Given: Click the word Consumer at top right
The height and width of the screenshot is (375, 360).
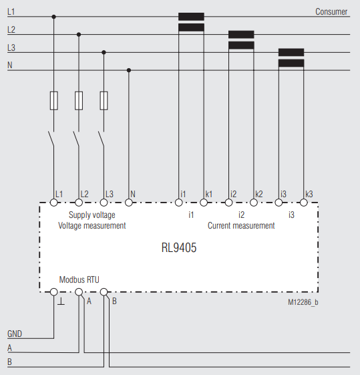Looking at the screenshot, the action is tap(331, 12).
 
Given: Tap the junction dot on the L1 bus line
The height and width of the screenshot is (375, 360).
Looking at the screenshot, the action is tap(53, 17).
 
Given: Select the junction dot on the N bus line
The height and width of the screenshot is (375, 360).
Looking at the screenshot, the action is tap(129, 70).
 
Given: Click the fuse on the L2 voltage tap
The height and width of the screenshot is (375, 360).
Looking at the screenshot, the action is tap(79, 101).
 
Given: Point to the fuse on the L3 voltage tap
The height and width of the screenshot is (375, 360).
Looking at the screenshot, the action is tap(104, 101).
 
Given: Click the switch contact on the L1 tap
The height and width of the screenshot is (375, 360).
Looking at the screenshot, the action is tap(51, 138).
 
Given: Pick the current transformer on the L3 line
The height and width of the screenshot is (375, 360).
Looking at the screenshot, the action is tap(291, 57).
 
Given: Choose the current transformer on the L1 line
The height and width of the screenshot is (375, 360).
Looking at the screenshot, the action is tap(191, 22).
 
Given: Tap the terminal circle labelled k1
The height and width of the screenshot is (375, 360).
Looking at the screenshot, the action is tap(204, 203).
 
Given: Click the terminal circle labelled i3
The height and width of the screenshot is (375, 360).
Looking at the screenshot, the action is tap(279, 203).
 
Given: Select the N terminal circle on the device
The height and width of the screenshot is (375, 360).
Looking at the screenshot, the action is tap(129, 203).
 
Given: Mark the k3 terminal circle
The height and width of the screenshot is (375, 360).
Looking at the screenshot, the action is tap(304, 203).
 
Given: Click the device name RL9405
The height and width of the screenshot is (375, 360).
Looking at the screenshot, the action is tap(179, 247).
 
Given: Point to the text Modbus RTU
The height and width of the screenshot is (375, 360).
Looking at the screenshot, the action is tap(79, 279).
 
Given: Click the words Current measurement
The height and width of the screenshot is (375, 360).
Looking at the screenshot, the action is tap(241, 225).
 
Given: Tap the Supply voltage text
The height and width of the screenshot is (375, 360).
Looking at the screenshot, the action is tap(92, 215).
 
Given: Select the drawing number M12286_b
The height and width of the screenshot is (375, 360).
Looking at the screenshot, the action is tap(303, 302).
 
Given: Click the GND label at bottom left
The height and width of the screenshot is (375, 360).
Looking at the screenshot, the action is tap(15, 334).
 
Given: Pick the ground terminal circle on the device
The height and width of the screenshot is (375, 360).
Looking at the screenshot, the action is tap(53, 292).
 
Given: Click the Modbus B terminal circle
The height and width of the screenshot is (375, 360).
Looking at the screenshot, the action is tap(104, 292).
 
